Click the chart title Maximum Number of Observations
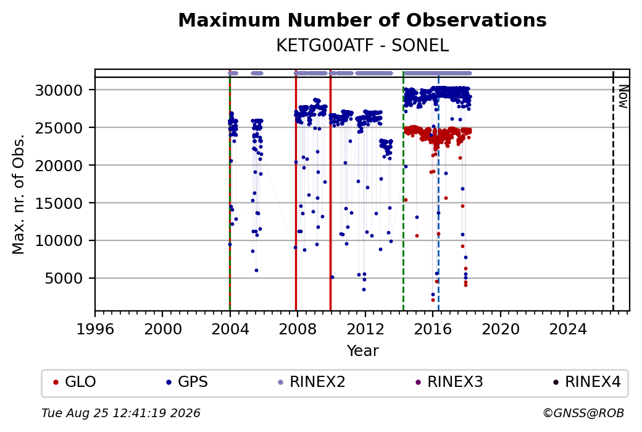(362, 20)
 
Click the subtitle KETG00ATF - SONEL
(362, 46)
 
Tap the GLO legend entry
(75, 382)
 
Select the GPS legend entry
(186, 382)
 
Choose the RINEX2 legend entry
(312, 382)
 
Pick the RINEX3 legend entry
(449, 382)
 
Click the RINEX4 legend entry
(586, 382)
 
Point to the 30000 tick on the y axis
(59, 90)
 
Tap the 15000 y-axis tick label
(59, 203)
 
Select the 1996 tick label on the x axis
(95, 329)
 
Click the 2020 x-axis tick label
(501, 329)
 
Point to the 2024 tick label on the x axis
(568, 329)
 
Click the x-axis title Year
(363, 351)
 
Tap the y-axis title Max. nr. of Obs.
(19, 194)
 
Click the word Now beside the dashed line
(623, 97)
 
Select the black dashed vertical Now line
(613, 190)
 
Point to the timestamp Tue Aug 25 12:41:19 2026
(121, 413)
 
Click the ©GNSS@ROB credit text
(584, 413)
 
